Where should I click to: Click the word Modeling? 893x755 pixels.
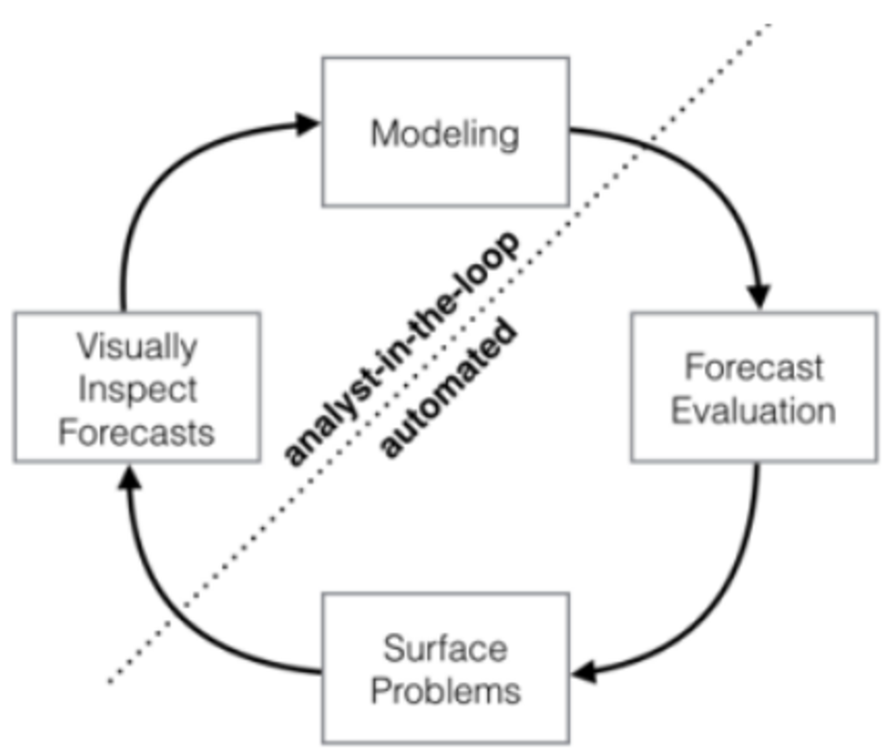(445, 134)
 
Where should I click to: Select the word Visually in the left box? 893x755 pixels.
(137, 348)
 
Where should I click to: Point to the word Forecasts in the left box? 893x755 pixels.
(136, 432)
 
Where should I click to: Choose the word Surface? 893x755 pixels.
(445, 648)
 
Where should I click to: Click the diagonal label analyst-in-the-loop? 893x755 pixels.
(401, 348)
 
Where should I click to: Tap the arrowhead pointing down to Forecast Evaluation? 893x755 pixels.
(759, 296)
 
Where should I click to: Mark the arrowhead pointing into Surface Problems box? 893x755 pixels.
(584, 672)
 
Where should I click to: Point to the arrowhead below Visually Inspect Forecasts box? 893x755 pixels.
(129, 477)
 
